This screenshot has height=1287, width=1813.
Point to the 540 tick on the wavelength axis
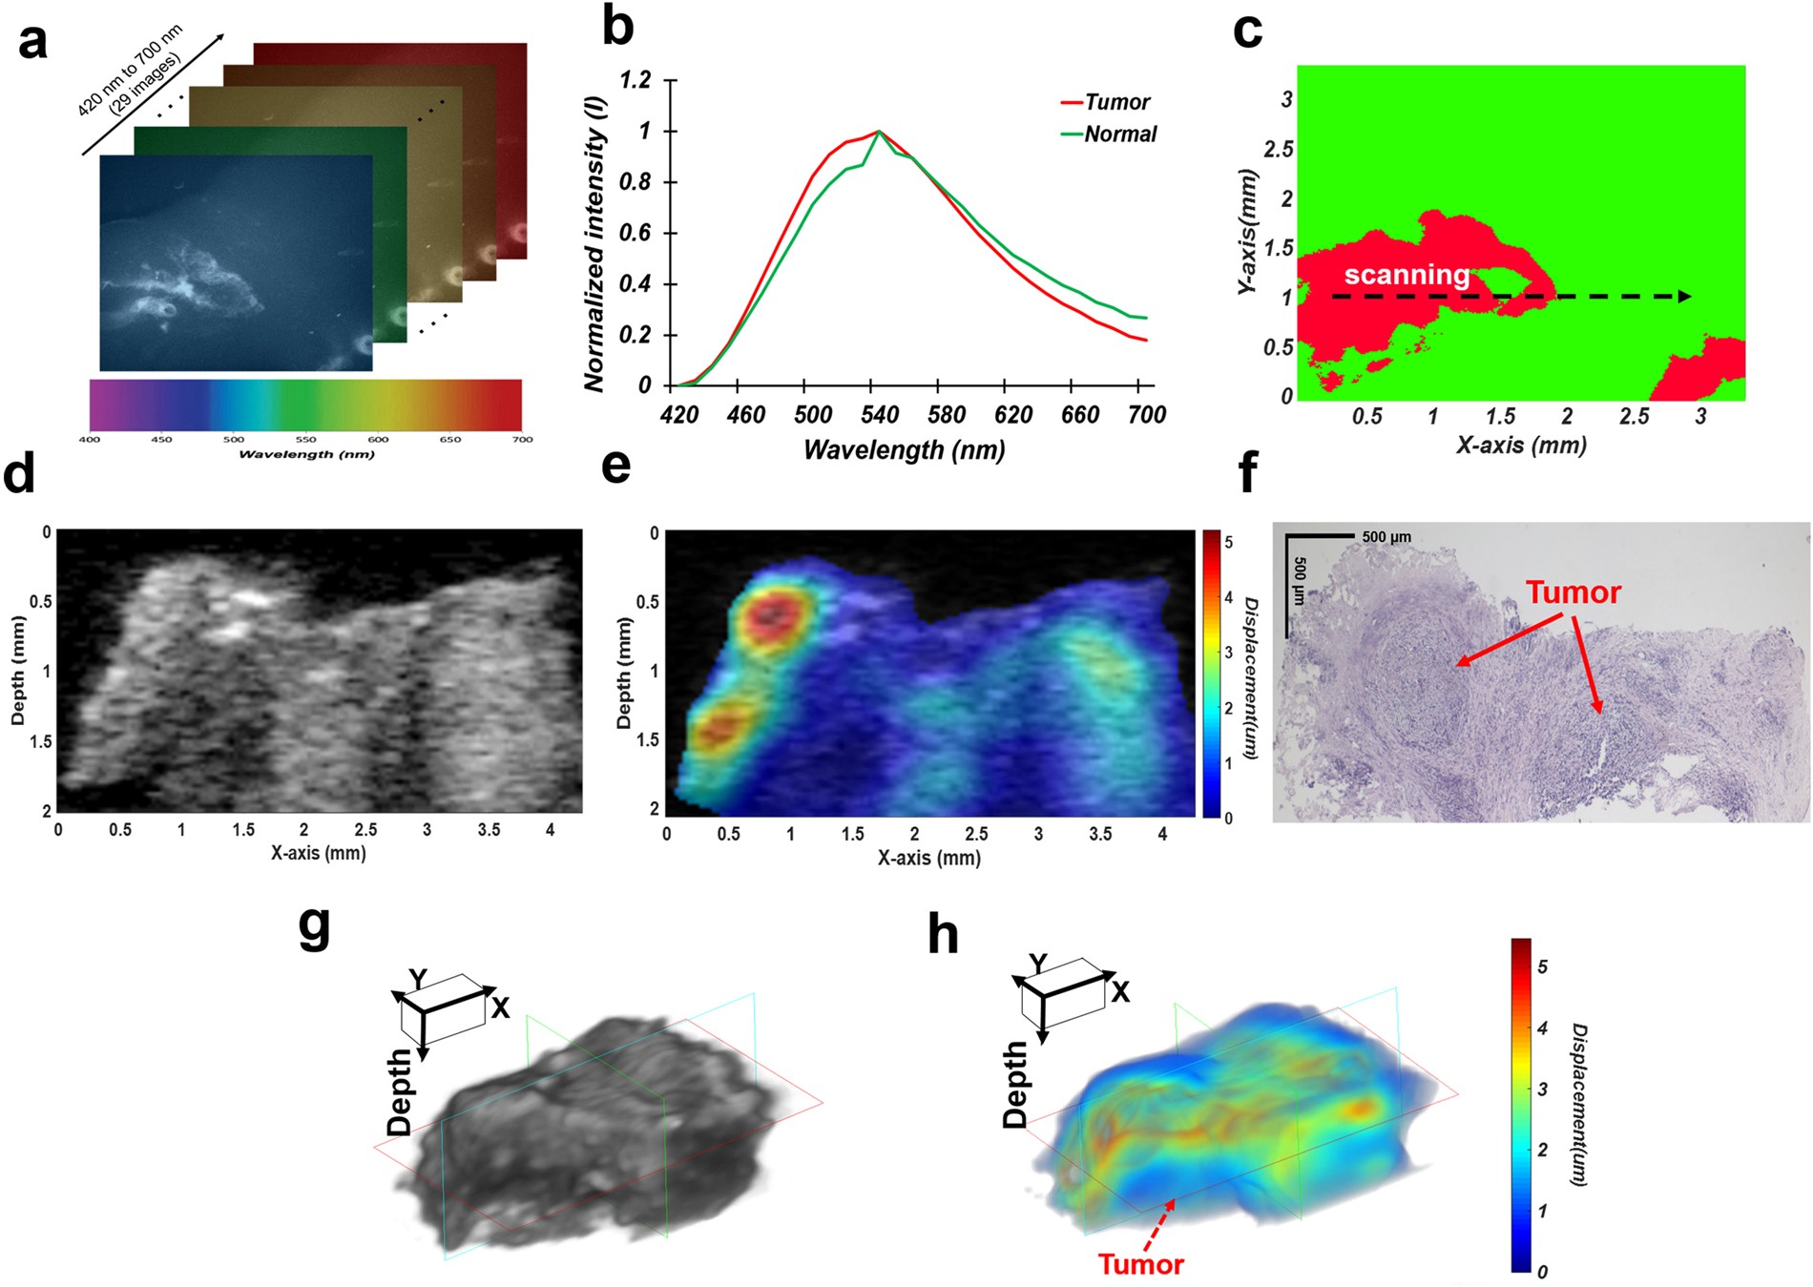tap(879, 414)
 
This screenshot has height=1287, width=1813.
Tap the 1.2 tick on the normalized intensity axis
tap(636, 79)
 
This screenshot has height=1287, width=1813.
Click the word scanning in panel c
tap(1407, 275)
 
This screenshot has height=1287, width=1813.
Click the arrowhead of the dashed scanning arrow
tap(1685, 297)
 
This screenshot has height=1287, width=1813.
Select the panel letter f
tap(1247, 472)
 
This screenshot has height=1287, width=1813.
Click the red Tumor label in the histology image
tap(1573, 592)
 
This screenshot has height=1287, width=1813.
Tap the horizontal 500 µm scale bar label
tap(1386, 537)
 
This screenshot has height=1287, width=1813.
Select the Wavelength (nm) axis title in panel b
tap(904, 450)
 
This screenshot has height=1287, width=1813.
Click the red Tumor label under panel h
tap(1140, 1265)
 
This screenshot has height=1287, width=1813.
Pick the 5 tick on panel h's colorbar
tap(1543, 966)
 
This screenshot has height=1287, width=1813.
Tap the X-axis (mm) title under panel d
tap(318, 853)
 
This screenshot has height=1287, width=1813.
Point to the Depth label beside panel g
tap(399, 1092)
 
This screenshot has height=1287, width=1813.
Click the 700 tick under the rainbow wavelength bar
tap(522, 440)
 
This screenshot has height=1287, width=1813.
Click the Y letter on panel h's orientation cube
tap(1038, 964)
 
